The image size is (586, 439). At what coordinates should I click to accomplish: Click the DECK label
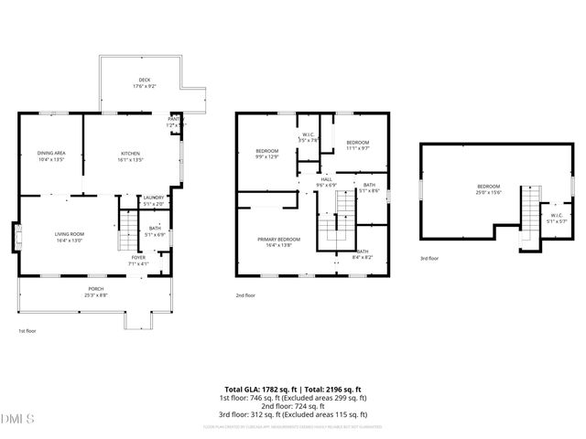(x=144, y=80)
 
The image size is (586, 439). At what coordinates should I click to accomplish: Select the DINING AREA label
(x=51, y=153)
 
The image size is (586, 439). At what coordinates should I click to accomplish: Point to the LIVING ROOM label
(x=70, y=234)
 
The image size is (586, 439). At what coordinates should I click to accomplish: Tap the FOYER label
(x=137, y=257)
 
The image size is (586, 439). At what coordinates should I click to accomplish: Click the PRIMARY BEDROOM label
(x=277, y=239)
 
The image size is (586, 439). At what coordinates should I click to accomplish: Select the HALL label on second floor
(x=326, y=179)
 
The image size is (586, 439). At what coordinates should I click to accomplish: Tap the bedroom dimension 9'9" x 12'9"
(x=267, y=156)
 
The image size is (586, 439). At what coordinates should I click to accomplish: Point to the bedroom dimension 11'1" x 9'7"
(x=357, y=147)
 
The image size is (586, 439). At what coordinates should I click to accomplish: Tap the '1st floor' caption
(x=28, y=330)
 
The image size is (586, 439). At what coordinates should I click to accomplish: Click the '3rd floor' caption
(x=429, y=259)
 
